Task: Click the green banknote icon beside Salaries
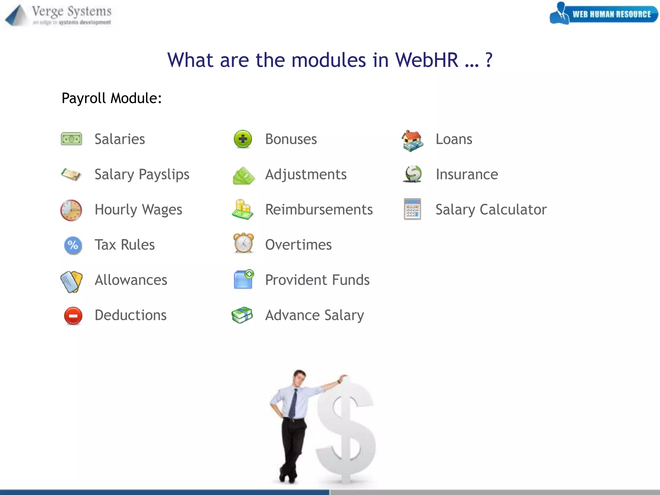tap(71, 139)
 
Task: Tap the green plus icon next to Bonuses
tap(243, 139)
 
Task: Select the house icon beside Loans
tap(412, 141)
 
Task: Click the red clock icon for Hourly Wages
tap(71, 210)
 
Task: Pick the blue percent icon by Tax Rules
tap(73, 245)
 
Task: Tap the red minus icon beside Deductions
tap(73, 315)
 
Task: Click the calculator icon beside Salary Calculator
tap(412, 209)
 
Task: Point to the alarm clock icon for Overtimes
tap(244, 243)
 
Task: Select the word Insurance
tap(467, 174)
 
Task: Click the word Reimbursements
tap(319, 209)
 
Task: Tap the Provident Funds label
tap(317, 280)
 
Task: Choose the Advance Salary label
tap(314, 315)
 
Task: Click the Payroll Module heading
tap(112, 98)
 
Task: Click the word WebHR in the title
tap(426, 60)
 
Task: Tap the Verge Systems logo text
tap(72, 12)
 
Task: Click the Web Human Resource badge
tap(604, 14)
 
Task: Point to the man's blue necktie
tap(293, 403)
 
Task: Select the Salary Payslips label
tap(142, 174)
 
